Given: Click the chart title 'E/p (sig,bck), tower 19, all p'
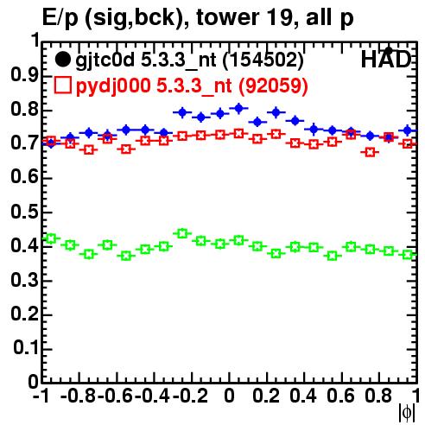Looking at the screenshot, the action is click(198, 18).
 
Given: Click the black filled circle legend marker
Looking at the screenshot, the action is click(62, 60).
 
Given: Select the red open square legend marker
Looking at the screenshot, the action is click(62, 85).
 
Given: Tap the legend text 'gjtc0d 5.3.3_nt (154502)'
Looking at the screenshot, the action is click(189, 60).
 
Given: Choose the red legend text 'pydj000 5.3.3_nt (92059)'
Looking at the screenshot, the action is click(192, 86).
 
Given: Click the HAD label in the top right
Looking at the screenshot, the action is click(385, 60).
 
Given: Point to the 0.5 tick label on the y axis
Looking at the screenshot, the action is click(24, 212).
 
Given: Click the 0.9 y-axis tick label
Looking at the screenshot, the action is click(24, 76).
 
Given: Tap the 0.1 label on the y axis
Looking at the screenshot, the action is click(25, 348).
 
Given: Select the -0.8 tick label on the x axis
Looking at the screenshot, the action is click(78, 396).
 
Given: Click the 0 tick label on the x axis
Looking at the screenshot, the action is click(229, 396).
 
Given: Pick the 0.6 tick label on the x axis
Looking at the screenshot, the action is click(340, 396).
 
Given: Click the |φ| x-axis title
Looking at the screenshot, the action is click(407, 413).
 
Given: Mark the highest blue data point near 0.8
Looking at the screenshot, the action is click(239, 108).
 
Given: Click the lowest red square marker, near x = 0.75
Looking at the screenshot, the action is click(370, 152).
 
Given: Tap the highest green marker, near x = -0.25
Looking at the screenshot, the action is click(182, 233).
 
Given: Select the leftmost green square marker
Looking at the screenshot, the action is click(51, 238).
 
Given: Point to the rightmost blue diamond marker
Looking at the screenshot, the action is click(408, 130).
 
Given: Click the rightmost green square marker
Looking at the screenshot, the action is click(408, 255).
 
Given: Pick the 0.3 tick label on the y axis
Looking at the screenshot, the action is click(24, 280).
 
